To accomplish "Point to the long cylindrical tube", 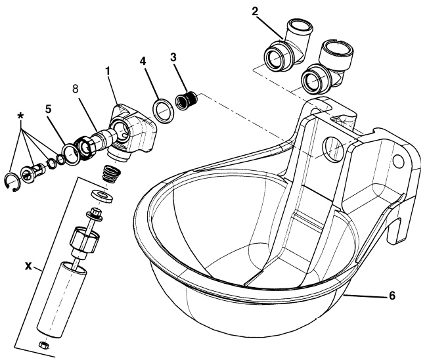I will tap(56, 297).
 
